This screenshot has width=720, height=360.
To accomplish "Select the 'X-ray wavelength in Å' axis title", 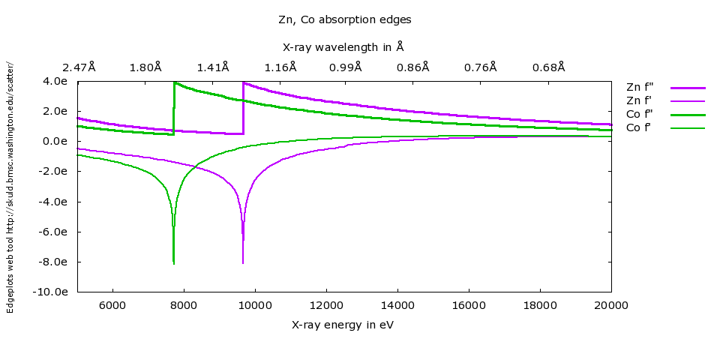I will coord(343,47).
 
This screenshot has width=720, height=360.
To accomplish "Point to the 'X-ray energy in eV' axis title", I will coord(343,325).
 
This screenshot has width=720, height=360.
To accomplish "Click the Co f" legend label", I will coord(640,114).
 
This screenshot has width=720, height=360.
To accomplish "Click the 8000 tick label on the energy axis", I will coord(184,305).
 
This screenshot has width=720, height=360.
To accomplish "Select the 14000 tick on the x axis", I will coord(397,305).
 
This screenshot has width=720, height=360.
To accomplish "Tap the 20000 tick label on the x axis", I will coord(611,305).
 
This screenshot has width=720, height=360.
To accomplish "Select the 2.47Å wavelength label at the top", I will coord(79,67).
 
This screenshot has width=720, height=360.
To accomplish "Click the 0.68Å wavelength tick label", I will coord(549,67).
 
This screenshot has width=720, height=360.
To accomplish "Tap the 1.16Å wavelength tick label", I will coord(281,67).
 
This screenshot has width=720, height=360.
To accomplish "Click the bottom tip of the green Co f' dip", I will coord(174,263).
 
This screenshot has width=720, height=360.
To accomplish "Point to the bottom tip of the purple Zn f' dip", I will coord(243,262).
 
